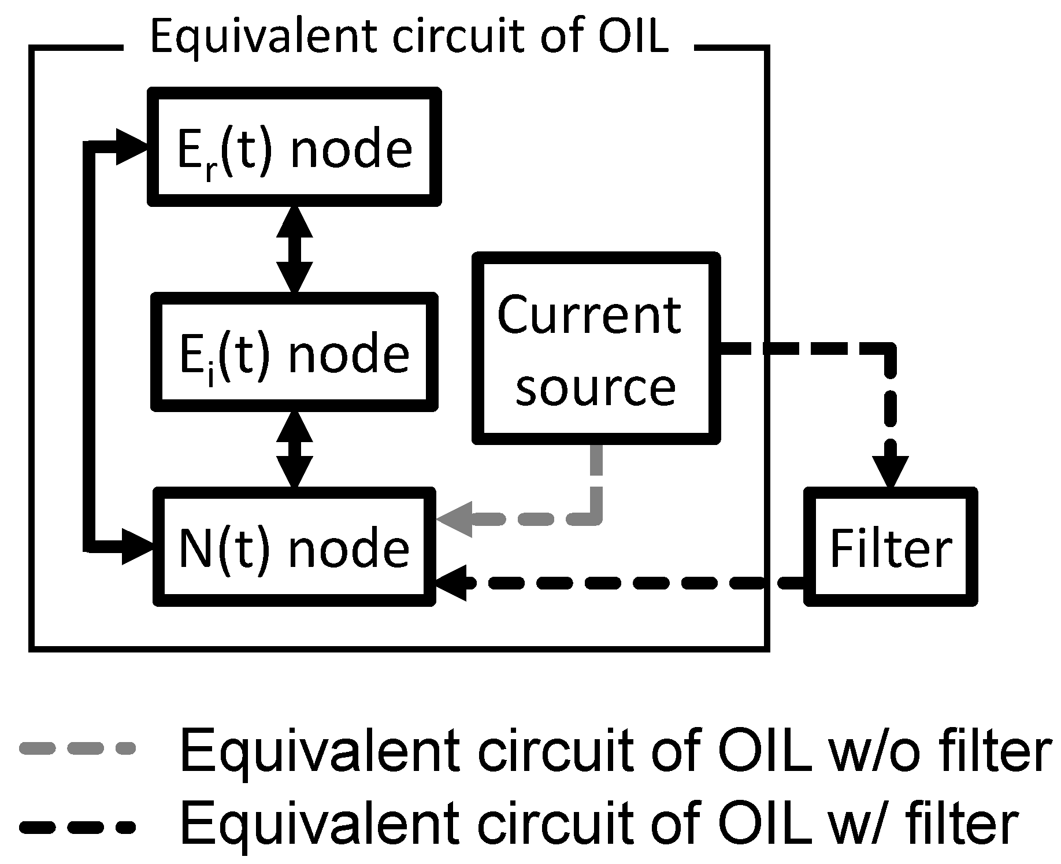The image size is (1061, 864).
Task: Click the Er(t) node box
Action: (x=294, y=146)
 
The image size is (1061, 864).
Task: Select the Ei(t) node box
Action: (x=294, y=352)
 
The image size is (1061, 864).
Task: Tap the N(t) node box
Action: (x=294, y=547)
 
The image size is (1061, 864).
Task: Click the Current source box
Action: (x=596, y=348)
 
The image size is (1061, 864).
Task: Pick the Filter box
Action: (x=891, y=547)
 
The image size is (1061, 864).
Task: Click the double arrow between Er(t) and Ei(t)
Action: (x=295, y=249)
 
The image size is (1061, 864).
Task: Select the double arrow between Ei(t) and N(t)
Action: (x=295, y=449)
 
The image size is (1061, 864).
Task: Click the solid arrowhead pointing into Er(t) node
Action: (x=132, y=147)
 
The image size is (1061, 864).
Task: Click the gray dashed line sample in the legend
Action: (x=77, y=748)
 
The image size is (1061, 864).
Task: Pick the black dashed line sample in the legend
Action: (x=77, y=827)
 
